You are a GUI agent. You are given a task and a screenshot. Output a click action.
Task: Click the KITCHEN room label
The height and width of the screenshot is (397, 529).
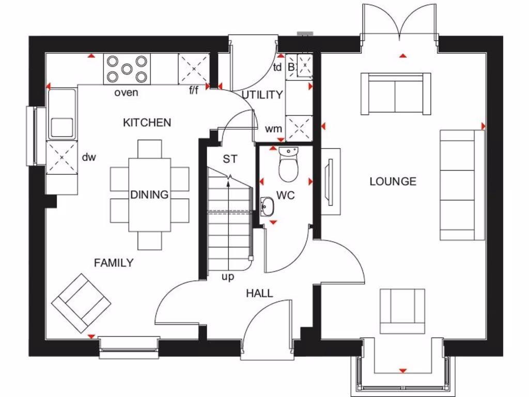click(147, 123)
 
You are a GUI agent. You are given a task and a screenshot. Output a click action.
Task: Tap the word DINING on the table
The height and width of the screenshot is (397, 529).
click(149, 195)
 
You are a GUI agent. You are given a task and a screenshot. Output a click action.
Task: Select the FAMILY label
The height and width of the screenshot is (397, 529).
click(114, 263)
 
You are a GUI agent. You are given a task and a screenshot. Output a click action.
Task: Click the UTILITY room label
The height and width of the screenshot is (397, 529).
click(262, 95)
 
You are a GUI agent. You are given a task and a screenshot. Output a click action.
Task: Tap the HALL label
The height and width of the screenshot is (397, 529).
click(259, 294)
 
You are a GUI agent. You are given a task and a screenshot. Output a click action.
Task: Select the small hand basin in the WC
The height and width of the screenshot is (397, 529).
click(267, 206)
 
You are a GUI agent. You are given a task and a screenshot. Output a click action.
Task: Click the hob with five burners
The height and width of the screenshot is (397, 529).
click(127, 69)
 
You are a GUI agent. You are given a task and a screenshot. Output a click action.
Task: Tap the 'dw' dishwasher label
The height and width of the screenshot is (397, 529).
click(90, 157)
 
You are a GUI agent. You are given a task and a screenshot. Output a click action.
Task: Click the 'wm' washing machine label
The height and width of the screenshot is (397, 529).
click(273, 128)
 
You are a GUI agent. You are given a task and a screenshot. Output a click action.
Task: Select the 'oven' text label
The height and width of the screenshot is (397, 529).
click(126, 93)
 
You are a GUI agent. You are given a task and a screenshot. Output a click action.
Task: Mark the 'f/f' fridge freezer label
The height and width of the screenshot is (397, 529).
click(194, 91)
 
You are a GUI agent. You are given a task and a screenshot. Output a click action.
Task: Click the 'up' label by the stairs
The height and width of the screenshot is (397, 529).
click(228, 277)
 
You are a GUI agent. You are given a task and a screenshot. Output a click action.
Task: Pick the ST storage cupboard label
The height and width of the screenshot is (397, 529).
click(230, 159)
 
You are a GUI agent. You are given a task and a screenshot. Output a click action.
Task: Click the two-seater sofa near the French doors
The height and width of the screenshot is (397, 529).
click(396, 94)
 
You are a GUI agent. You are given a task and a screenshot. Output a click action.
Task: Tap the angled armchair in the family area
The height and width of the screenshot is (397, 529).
click(81, 303)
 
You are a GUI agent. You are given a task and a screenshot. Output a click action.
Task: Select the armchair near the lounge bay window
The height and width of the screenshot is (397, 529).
click(403, 311)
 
